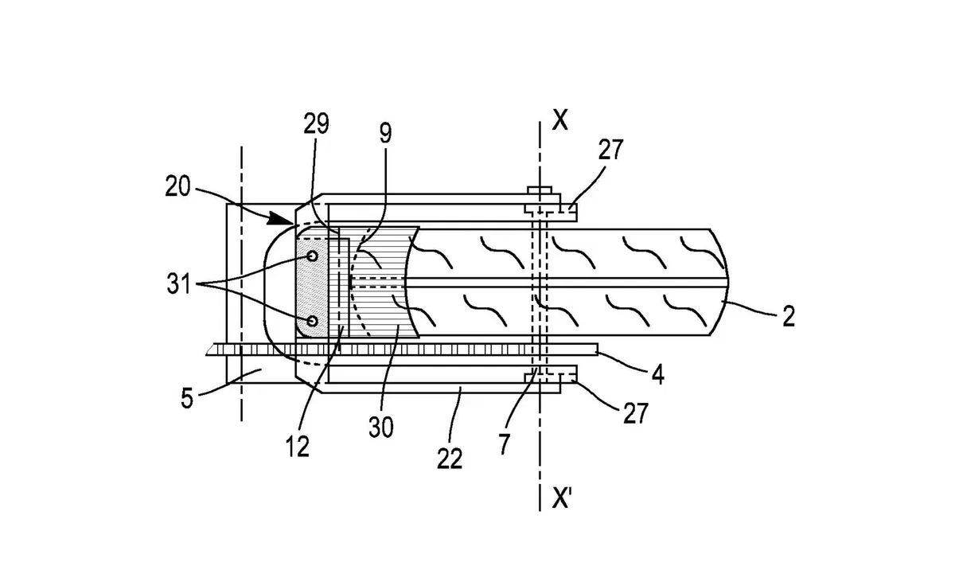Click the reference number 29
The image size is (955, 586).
[x=317, y=124]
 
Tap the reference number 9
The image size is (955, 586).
[x=385, y=133]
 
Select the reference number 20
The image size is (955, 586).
[x=177, y=187]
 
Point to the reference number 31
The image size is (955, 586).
[x=178, y=284]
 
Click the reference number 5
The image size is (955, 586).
[x=187, y=399]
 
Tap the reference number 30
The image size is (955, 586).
[x=380, y=428]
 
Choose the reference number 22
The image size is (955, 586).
[x=450, y=459]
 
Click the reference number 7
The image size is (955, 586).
[x=505, y=444]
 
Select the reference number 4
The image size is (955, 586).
[x=658, y=375]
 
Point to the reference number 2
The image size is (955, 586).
[x=789, y=316]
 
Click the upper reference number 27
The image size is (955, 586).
[x=610, y=149]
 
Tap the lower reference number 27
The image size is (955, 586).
[x=636, y=413]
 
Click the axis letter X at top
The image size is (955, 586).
[x=560, y=120]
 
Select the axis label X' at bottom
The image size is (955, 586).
[x=562, y=498]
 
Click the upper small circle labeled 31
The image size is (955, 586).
[x=313, y=256]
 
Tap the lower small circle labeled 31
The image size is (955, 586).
[x=313, y=321]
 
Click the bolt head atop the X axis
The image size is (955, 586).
[x=540, y=190]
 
